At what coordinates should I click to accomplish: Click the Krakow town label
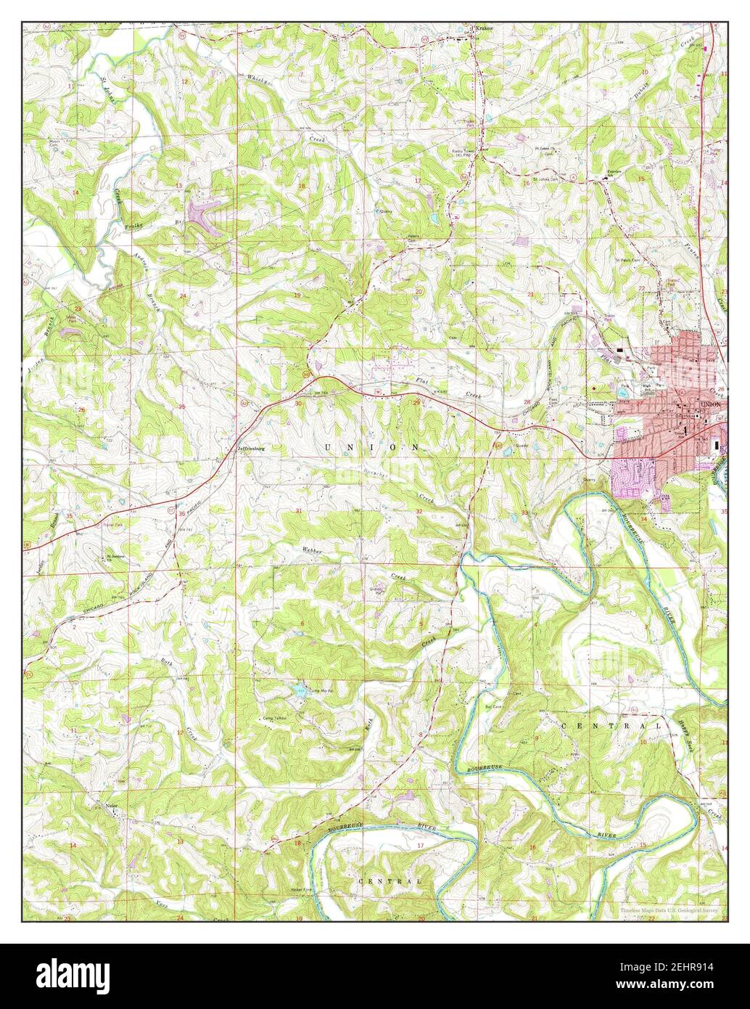[484, 29]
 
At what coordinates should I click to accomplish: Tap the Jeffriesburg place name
[251, 449]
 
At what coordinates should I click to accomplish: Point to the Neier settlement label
[111, 804]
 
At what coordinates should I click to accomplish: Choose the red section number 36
[181, 513]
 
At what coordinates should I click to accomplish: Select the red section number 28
[527, 401]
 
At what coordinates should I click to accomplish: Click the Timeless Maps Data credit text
[668, 909]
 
